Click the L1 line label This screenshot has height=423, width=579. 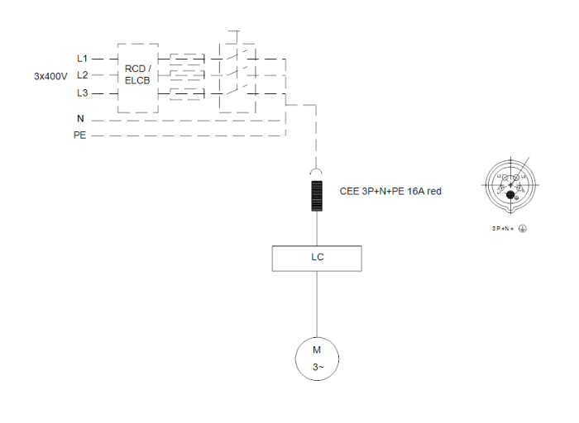point(81,59)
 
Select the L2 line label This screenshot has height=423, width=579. point(81,75)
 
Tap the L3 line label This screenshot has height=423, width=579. point(81,93)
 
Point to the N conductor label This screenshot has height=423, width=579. point(80,119)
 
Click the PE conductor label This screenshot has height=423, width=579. point(79,135)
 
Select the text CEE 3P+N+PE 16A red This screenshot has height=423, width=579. point(390,191)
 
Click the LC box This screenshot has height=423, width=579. point(317,257)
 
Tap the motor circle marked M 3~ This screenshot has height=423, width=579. point(316,357)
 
